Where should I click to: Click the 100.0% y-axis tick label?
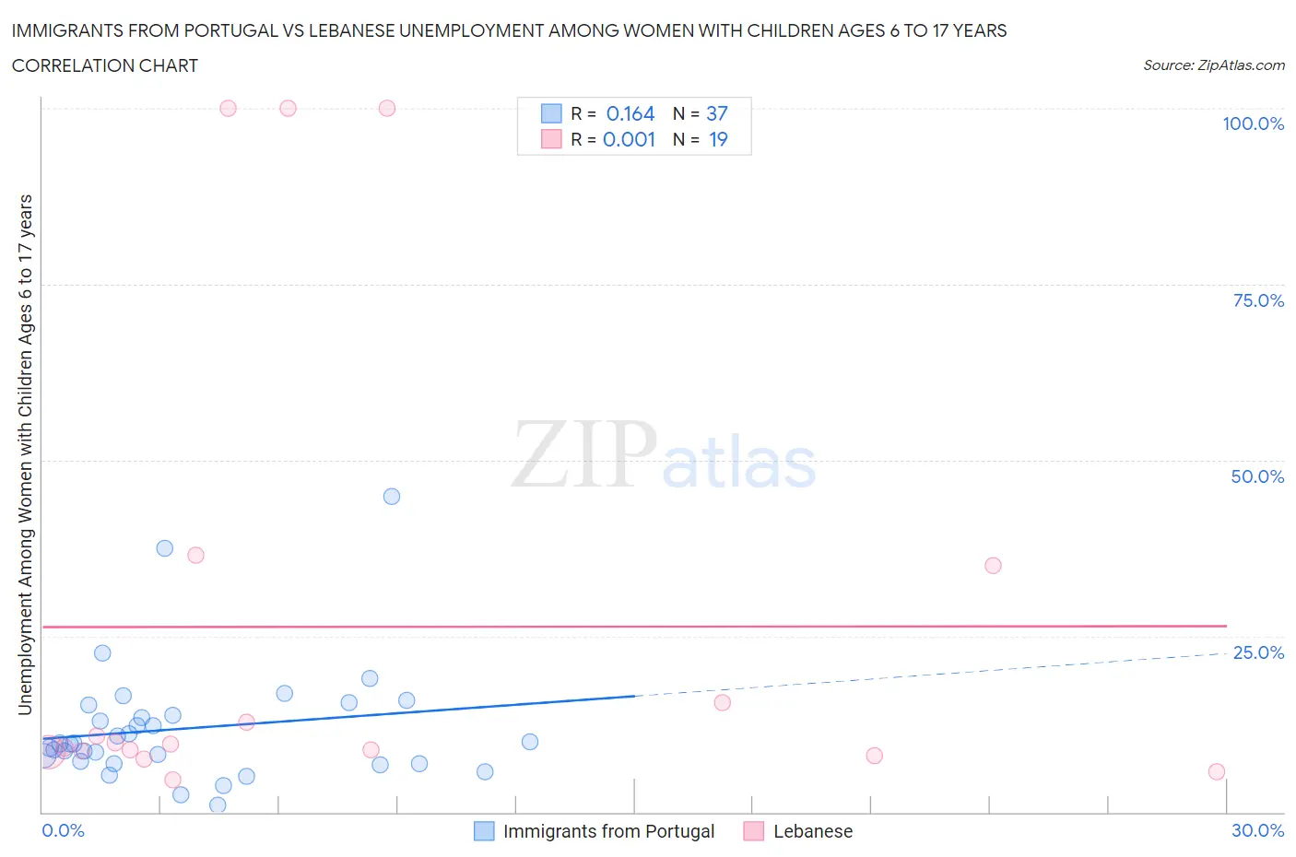click(x=1253, y=123)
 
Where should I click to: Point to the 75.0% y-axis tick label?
click(x=1258, y=300)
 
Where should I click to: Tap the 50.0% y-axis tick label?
click(x=1257, y=476)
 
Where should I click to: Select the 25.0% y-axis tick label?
click(x=1258, y=652)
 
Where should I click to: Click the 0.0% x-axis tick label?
click(x=63, y=830)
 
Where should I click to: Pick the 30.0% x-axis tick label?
click(x=1257, y=830)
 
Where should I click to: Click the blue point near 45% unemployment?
click(x=392, y=497)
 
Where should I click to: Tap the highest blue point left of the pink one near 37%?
click(x=165, y=548)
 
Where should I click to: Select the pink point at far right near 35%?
click(x=993, y=566)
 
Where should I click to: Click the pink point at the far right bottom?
click(x=1217, y=772)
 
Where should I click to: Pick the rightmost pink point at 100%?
click(x=387, y=109)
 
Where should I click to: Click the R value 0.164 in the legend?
click(x=630, y=114)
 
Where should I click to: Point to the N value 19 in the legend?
click(x=718, y=140)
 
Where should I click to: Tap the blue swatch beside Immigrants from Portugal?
click(x=484, y=831)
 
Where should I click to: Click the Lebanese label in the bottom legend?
click(x=812, y=831)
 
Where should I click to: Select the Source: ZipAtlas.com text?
click(x=1213, y=65)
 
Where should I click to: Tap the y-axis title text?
click(x=26, y=455)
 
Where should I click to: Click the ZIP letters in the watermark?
click(x=583, y=455)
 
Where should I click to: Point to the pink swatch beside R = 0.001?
click(x=551, y=140)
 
